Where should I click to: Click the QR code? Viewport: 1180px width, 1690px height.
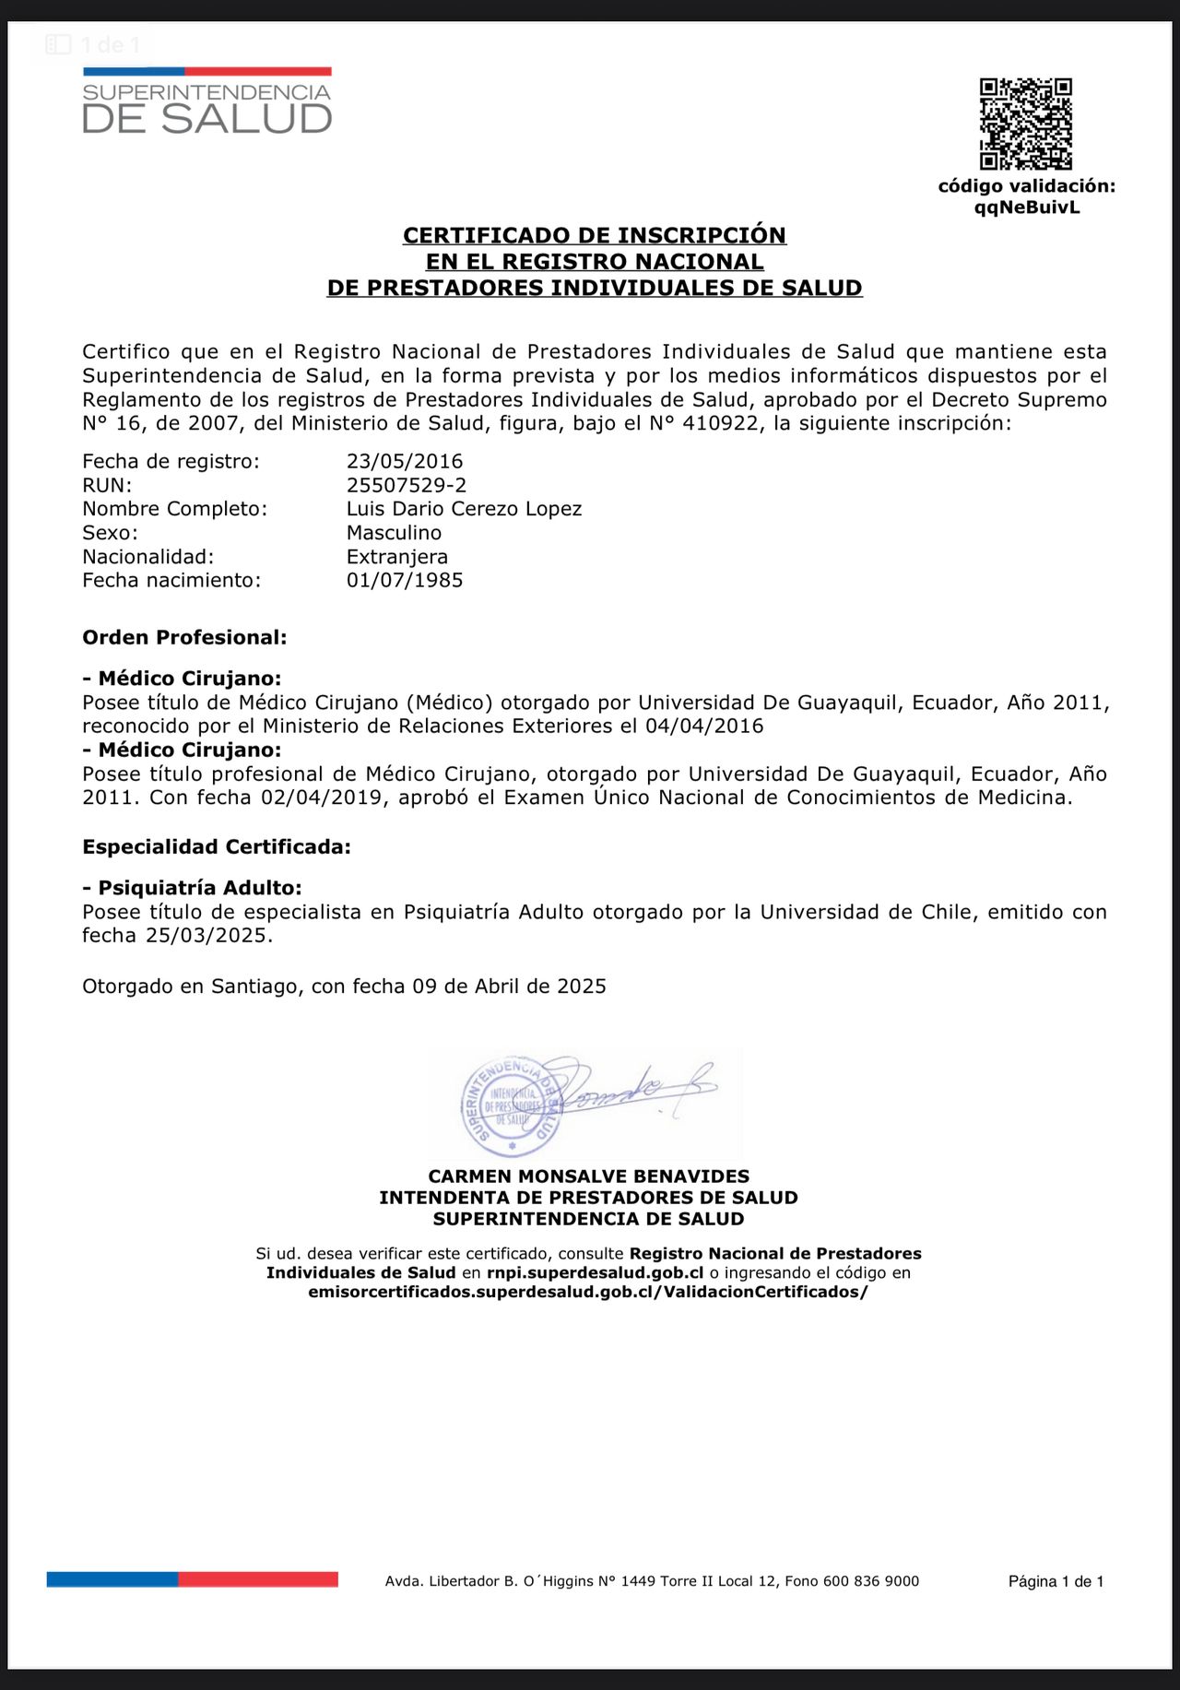(1025, 124)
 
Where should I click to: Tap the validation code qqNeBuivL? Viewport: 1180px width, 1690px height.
(1027, 207)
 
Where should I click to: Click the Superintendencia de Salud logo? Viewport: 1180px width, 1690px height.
(206, 102)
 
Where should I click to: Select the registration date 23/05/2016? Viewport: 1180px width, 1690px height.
(405, 461)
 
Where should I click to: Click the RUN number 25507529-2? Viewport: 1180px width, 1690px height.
(407, 485)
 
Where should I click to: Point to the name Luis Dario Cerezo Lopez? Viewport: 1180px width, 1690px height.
(464, 509)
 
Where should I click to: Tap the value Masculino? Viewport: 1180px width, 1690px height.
(394, 533)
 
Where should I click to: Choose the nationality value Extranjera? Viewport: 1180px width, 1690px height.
(397, 557)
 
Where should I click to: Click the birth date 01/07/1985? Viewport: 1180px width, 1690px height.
(405, 580)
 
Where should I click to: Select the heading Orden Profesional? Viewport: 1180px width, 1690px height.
(184, 637)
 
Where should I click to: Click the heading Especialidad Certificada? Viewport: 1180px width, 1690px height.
(217, 846)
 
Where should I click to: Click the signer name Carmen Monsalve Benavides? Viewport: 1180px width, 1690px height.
(589, 1176)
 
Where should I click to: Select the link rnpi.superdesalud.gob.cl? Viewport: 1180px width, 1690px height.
(596, 1273)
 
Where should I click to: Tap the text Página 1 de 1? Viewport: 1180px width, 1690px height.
(1056, 1581)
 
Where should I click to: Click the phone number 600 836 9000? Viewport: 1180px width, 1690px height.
(871, 1581)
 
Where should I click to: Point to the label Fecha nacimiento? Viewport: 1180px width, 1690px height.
(171, 580)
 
